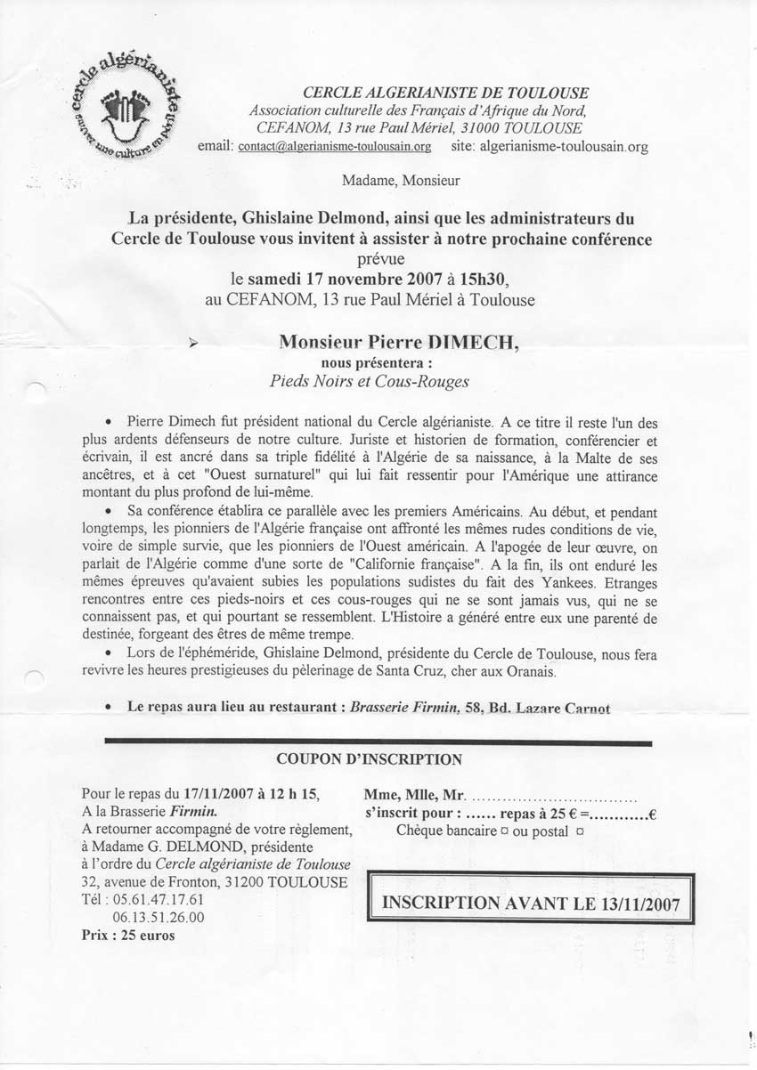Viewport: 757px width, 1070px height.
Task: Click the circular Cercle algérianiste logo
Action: pos(125,109)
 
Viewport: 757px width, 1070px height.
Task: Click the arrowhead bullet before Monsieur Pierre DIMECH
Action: pos(195,343)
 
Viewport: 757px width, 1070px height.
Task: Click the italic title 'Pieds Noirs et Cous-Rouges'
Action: pos(370,381)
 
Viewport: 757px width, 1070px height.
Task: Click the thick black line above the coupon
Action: pos(378,742)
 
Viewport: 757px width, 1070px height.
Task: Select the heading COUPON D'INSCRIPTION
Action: pos(370,759)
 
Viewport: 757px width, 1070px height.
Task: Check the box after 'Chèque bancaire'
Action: pos(504,831)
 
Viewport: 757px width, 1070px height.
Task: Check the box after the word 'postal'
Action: pos(580,831)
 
